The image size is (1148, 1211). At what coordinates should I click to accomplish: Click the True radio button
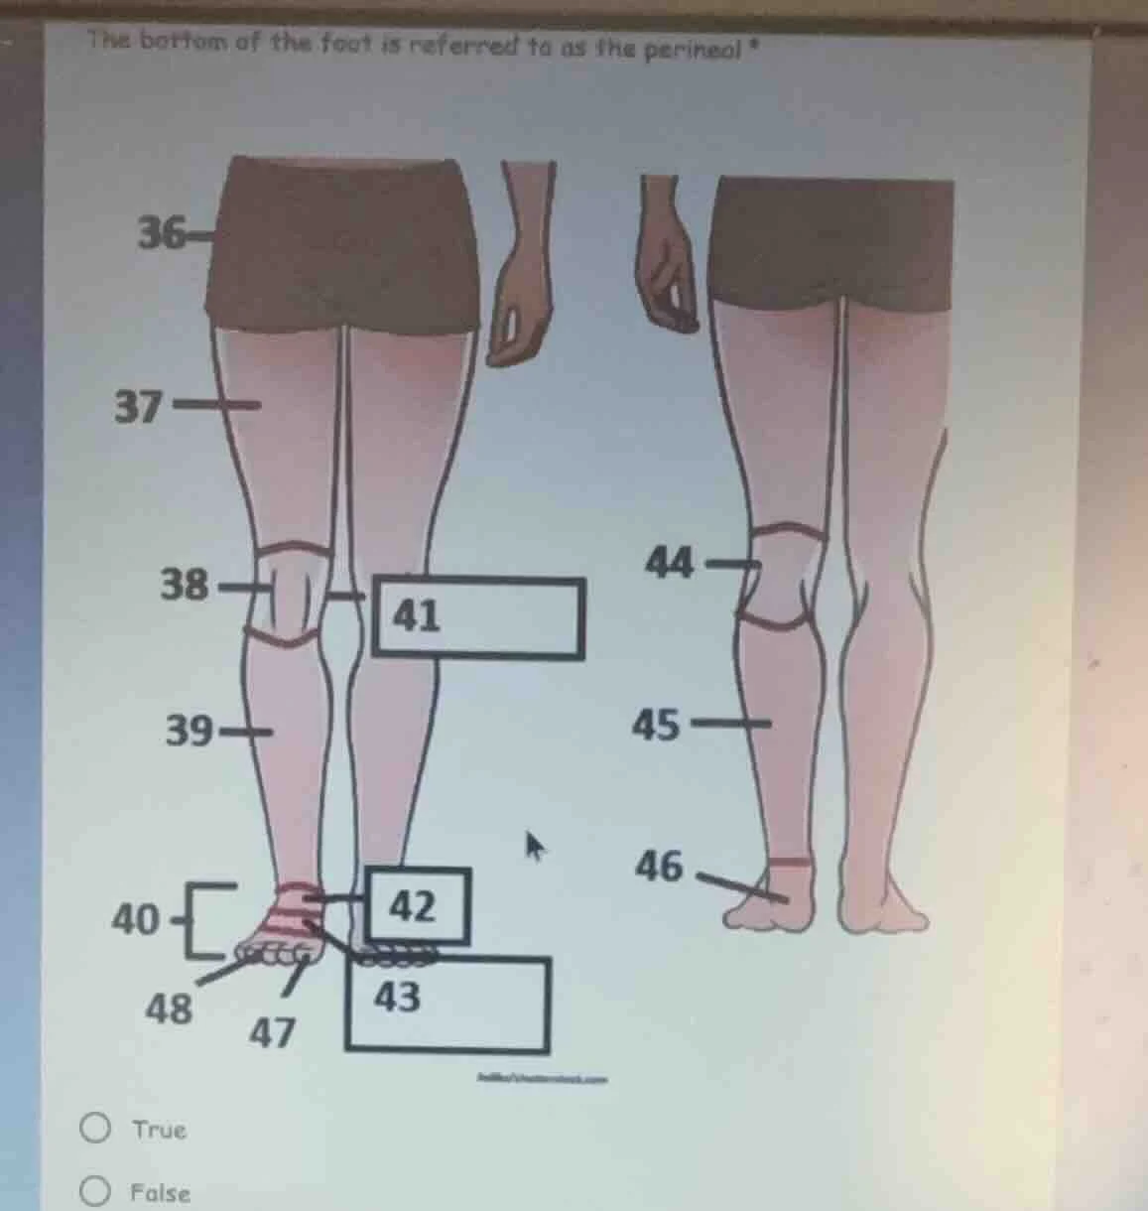pyautogui.click(x=95, y=1129)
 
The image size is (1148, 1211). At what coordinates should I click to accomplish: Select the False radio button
pyautogui.click(x=95, y=1191)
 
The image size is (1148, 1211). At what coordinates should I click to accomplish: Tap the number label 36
pyautogui.click(x=160, y=234)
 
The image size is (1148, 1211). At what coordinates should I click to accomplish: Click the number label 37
pyautogui.click(x=137, y=406)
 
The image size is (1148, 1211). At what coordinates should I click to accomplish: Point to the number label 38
pyautogui.click(x=185, y=585)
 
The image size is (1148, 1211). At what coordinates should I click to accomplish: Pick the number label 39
pyautogui.click(x=189, y=733)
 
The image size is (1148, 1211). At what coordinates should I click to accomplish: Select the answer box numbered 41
pyautogui.click(x=477, y=618)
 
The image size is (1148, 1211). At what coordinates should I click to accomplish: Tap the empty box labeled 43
pyautogui.click(x=447, y=1005)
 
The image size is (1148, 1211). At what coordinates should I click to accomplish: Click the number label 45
pyautogui.click(x=657, y=726)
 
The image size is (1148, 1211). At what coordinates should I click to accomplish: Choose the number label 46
pyautogui.click(x=661, y=867)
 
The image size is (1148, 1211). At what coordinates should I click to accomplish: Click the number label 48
pyautogui.click(x=169, y=1009)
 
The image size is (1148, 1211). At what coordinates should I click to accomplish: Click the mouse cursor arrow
pyautogui.click(x=536, y=847)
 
